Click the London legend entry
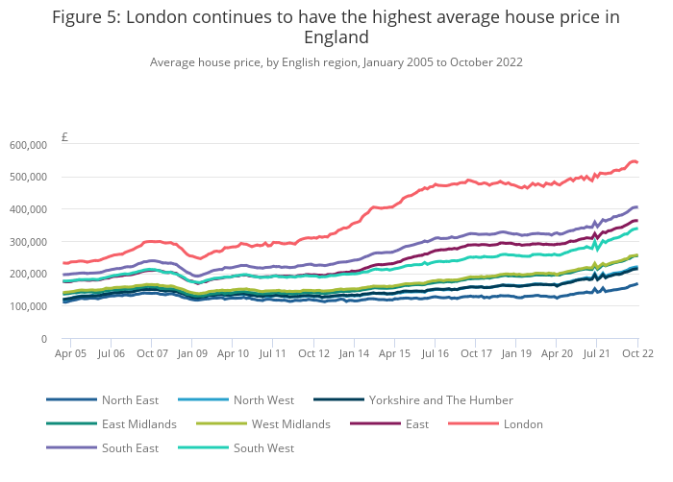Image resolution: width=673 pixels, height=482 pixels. (x=523, y=423)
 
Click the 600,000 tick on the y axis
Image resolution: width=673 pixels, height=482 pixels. (x=29, y=145)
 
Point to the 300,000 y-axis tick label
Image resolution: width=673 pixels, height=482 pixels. (x=29, y=242)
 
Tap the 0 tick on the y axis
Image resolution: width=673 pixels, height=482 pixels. (x=44, y=339)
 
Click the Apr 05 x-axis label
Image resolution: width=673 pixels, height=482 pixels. (x=70, y=354)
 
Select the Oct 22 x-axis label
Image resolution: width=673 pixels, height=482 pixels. (x=636, y=354)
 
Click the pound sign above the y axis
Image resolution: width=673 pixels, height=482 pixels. (x=64, y=137)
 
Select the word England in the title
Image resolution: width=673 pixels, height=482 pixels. (x=336, y=38)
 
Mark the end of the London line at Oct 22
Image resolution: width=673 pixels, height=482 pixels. (x=637, y=162)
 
